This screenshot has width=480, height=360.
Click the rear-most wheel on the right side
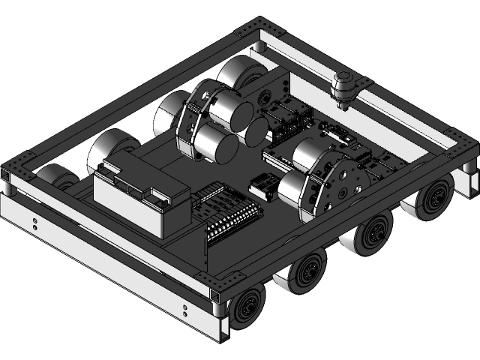(433, 202)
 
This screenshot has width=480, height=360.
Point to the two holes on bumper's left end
(35, 223)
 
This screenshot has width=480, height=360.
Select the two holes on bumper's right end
(185, 310)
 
